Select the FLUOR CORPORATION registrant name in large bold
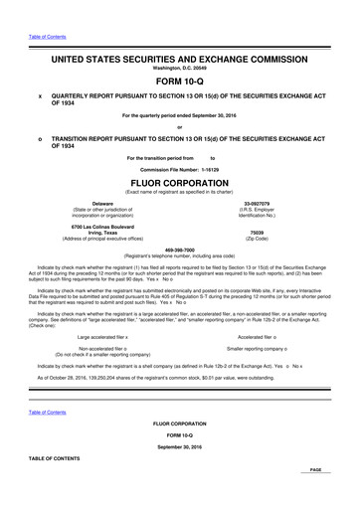point(180,184)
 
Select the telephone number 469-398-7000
point(180,251)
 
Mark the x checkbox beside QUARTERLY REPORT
point(39,98)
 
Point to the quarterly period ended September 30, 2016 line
point(180,114)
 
